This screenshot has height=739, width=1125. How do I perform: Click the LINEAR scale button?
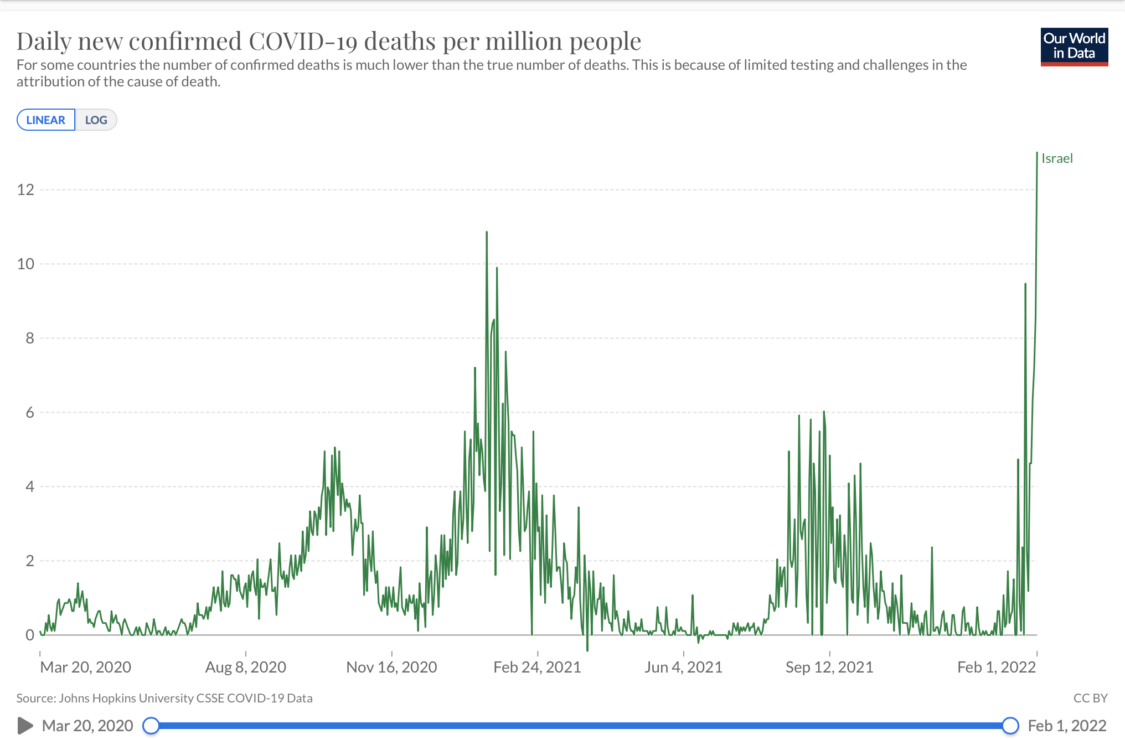[x=46, y=120]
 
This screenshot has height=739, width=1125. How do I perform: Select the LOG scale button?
[x=96, y=120]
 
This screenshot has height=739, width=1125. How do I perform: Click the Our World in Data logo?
[x=1074, y=47]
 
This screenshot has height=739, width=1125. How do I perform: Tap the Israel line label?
[x=1057, y=158]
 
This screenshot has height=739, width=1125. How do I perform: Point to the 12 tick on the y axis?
[x=25, y=190]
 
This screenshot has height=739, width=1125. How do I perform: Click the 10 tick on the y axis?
[x=25, y=264]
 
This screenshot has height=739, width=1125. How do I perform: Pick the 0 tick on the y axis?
[x=30, y=635]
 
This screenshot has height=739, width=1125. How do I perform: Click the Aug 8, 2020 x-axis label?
[x=246, y=667]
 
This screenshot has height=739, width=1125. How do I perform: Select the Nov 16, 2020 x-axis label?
[x=391, y=667]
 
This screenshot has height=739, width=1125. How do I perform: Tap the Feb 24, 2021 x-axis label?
[x=537, y=667]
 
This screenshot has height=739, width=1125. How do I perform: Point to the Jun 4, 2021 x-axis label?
[x=683, y=667]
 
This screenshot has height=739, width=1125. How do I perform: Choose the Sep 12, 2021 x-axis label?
[x=829, y=667]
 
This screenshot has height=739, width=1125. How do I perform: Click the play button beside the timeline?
[x=25, y=725]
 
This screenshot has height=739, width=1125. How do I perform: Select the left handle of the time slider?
[x=151, y=725]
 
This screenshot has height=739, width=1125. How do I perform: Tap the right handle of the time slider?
[x=1010, y=725]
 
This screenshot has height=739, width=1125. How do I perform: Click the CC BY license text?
[x=1090, y=698]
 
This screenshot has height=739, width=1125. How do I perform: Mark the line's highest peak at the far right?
[x=1037, y=153]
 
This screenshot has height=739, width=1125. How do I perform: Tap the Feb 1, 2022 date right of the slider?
[x=1067, y=726]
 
